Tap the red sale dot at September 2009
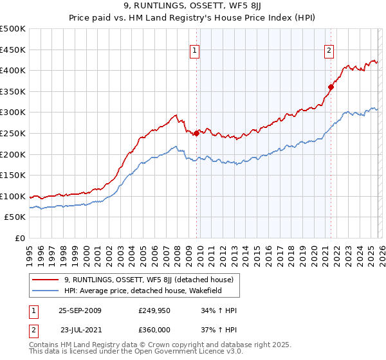click(x=196, y=133)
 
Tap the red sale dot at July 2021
click(x=331, y=87)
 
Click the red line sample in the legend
click(x=46, y=280)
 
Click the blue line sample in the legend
click(x=46, y=291)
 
